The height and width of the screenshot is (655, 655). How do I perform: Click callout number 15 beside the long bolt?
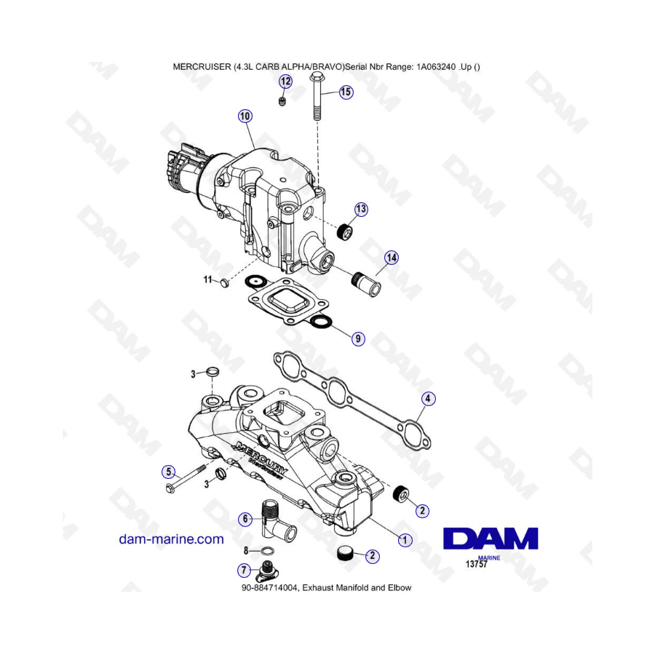346,92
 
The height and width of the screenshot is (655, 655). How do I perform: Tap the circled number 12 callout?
286,81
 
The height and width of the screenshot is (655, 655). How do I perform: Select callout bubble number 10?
245,116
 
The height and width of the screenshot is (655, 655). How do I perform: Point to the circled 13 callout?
361,209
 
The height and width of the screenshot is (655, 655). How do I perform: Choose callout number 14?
392,258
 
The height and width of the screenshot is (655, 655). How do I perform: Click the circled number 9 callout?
357,338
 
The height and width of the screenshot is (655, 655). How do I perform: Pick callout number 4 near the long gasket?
428,399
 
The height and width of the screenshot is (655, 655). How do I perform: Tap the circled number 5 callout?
169,472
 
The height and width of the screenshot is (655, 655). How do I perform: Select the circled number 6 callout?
245,519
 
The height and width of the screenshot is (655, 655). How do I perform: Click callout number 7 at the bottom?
245,570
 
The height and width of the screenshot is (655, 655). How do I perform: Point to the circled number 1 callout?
405,540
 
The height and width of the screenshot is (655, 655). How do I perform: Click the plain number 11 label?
208,279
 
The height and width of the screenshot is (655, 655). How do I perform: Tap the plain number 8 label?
246,551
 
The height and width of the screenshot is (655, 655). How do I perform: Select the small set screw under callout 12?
282,100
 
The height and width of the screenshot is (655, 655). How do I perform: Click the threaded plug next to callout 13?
345,231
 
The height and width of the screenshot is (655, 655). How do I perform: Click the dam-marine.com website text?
171,539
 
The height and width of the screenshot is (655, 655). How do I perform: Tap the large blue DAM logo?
491,539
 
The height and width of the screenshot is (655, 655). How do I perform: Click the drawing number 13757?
477,564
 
